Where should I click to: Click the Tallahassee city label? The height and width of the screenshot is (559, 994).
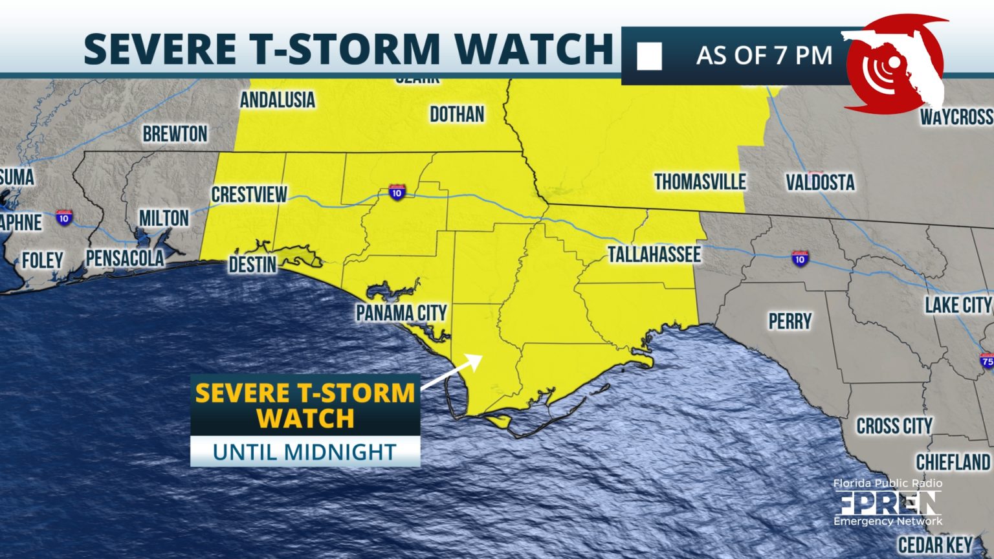[654, 255]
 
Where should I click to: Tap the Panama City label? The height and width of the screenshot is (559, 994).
[401, 313]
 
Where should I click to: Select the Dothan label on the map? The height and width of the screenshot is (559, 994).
[457, 115]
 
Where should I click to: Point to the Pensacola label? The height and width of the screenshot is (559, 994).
[125, 259]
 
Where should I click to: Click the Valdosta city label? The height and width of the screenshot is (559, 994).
[820, 182]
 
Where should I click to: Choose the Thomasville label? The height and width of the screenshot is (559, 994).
[700, 182]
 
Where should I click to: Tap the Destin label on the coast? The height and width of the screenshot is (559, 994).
[252, 265]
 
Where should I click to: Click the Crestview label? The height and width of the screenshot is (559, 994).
[249, 194]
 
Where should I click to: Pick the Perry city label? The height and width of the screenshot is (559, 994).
[790, 321]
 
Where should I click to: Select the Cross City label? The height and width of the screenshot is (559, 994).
[894, 426]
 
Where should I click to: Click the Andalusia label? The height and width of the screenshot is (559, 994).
[277, 100]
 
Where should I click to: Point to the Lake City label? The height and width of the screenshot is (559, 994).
[958, 305]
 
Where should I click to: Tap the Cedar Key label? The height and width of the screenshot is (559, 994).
[935, 545]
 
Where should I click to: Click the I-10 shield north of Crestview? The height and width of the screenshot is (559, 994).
[397, 192]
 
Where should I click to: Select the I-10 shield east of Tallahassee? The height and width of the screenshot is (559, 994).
[800, 258]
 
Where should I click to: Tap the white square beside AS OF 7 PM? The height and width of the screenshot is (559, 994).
[649, 56]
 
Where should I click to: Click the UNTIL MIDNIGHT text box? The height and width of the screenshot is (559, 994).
[305, 452]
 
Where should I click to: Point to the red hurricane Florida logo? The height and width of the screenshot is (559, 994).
[896, 65]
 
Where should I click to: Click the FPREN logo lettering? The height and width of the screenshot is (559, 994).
[887, 503]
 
